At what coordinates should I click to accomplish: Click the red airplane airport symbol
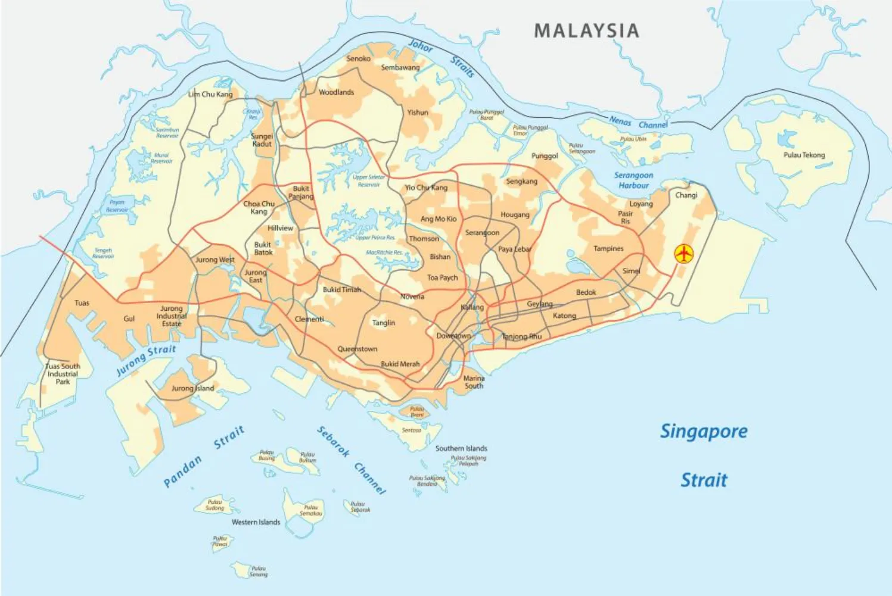point(684,254)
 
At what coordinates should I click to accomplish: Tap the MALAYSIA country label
point(586,31)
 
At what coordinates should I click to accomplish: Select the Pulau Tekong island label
point(804,155)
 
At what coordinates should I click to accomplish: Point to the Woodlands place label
point(336,92)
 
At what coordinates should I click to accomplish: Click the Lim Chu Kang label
point(210,94)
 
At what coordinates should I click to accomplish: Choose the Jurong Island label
point(192,388)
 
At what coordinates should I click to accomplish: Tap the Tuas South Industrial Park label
point(63,374)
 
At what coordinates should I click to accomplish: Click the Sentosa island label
point(411,430)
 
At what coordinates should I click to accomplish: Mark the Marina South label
point(474,382)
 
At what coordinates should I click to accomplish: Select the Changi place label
point(686,195)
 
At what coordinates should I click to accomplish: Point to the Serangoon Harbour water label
point(633,180)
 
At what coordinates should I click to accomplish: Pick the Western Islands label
point(256,522)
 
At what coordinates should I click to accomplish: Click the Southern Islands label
point(461,448)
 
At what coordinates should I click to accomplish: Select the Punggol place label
point(544,156)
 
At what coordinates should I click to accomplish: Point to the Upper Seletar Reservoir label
point(368,180)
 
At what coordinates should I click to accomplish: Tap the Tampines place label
point(608,248)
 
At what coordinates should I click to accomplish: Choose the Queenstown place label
point(357,349)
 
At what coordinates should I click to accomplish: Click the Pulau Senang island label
point(258,572)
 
